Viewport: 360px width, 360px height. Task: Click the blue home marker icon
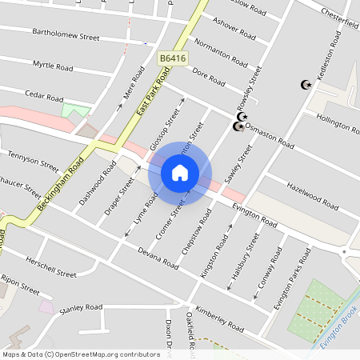pos(180,173)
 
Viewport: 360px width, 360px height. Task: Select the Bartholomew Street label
pos(65,37)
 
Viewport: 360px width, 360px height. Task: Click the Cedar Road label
pos(43,94)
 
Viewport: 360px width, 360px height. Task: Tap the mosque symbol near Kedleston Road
pos(305,84)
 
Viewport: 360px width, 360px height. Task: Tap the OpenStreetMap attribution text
pos(80,354)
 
